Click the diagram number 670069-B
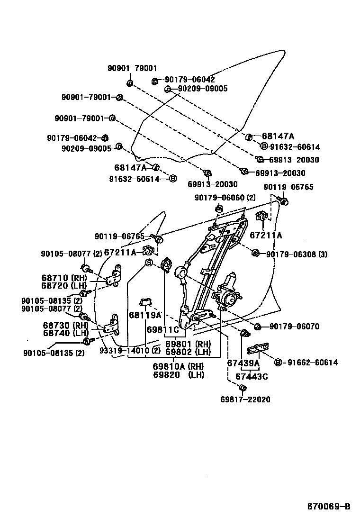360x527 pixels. point(329,507)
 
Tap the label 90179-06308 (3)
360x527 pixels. point(297,254)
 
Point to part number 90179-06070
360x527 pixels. point(294,327)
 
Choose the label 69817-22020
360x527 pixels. point(245,400)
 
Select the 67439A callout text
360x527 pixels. point(243,363)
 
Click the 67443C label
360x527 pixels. point(252,376)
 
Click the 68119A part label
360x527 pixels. point(145,315)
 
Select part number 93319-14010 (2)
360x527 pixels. point(130,351)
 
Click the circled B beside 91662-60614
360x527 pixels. point(278,363)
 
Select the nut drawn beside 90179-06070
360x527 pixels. point(258,327)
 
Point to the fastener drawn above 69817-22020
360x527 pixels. point(242,389)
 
